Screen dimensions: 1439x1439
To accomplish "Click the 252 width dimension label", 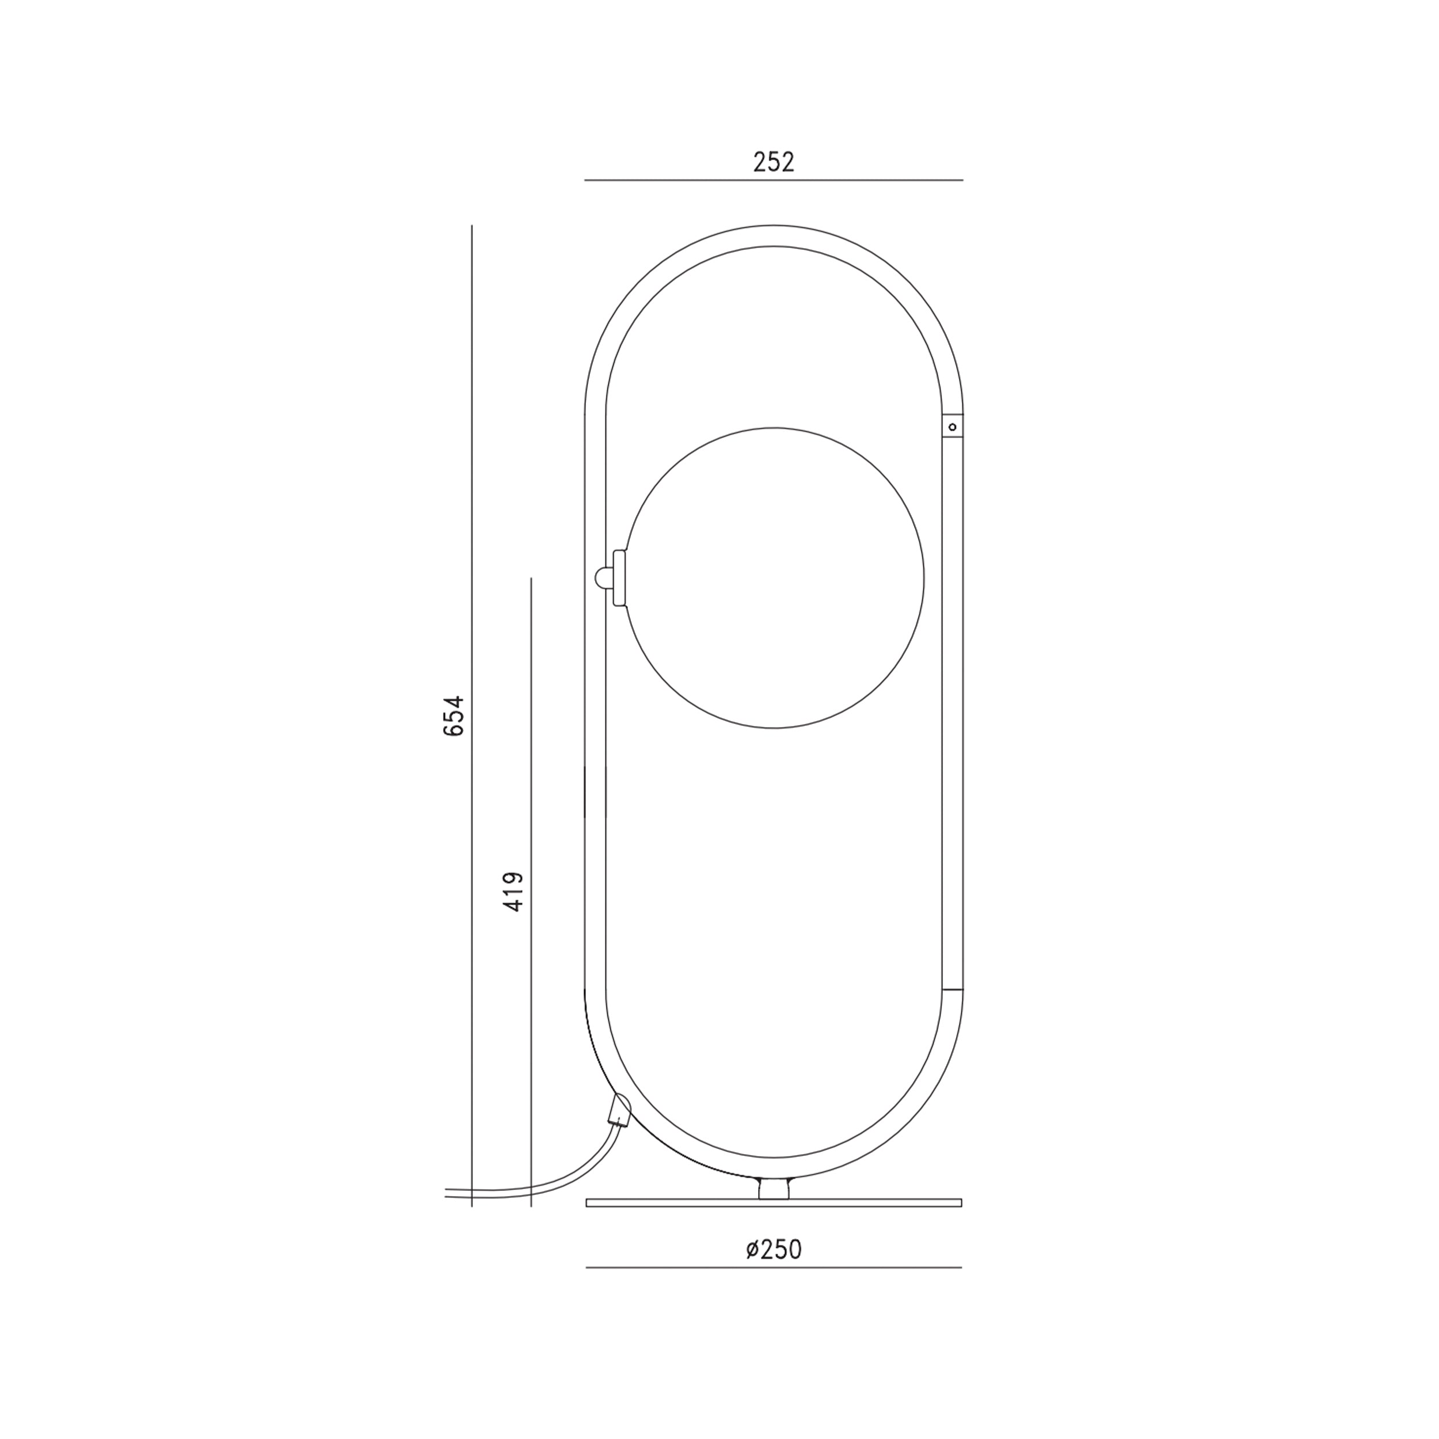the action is pos(774,162).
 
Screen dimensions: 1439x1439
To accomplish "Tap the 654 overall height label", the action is pos(454,716).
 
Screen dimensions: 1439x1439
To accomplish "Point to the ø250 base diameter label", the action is pos(774,1249).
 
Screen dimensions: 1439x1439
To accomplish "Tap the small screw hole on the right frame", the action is pos(952,427).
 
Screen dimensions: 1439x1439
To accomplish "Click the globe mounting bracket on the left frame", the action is pos(618,578).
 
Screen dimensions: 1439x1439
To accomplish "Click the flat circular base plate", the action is pos(774,1202).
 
